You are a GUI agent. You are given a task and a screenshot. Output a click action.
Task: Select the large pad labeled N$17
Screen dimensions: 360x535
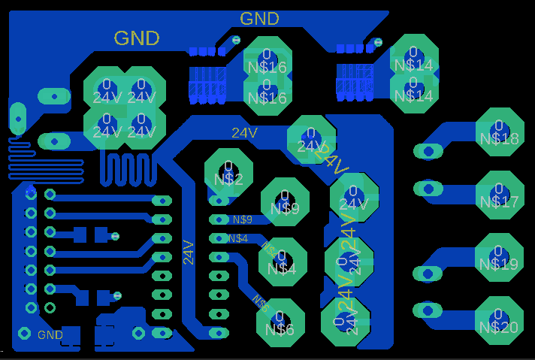coord(499,194)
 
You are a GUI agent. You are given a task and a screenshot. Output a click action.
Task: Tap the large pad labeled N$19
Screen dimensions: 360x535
coord(499,256)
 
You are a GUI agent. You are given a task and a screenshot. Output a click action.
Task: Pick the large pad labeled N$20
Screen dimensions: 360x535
coord(499,319)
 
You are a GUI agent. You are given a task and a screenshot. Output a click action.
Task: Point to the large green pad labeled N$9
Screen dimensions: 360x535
coord(285,201)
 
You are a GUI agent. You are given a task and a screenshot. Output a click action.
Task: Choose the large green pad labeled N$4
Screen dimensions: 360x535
coord(282,261)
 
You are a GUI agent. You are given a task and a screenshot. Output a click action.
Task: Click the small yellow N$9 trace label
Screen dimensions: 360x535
coord(242,219)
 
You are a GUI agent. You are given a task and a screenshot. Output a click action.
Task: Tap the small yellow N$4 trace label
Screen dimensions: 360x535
coord(238,238)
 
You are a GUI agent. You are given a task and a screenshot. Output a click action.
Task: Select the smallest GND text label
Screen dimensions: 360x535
coord(50,334)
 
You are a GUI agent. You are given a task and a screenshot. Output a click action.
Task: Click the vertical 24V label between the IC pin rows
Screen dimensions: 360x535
coord(189,252)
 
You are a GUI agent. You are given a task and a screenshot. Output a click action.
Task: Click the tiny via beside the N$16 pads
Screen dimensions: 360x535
coord(237,40)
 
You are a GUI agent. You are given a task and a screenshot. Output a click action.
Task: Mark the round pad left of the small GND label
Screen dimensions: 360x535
coord(24,333)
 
